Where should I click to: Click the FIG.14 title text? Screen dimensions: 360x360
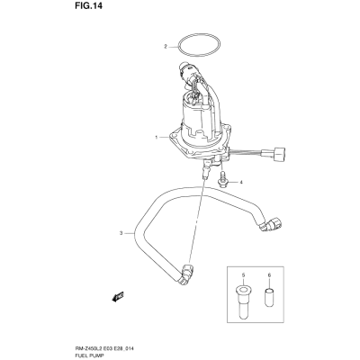point(88,5)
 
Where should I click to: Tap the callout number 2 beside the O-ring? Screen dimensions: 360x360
point(165,47)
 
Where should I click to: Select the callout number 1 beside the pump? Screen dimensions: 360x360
point(157,137)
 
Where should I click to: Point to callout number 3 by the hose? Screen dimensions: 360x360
point(121,233)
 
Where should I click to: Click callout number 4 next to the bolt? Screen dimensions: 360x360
point(240,182)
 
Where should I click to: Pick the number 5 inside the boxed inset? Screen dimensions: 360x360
point(243,274)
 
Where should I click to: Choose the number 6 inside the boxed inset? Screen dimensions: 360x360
point(269,274)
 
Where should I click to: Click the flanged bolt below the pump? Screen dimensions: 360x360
point(222,179)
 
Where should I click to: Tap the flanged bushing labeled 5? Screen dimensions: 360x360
point(243,301)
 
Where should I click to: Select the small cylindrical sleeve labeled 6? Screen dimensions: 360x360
point(269,297)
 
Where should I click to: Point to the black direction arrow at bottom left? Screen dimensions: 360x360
point(118,296)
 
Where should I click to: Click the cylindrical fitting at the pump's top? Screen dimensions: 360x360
point(188,70)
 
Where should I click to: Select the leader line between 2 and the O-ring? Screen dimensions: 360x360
point(173,47)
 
